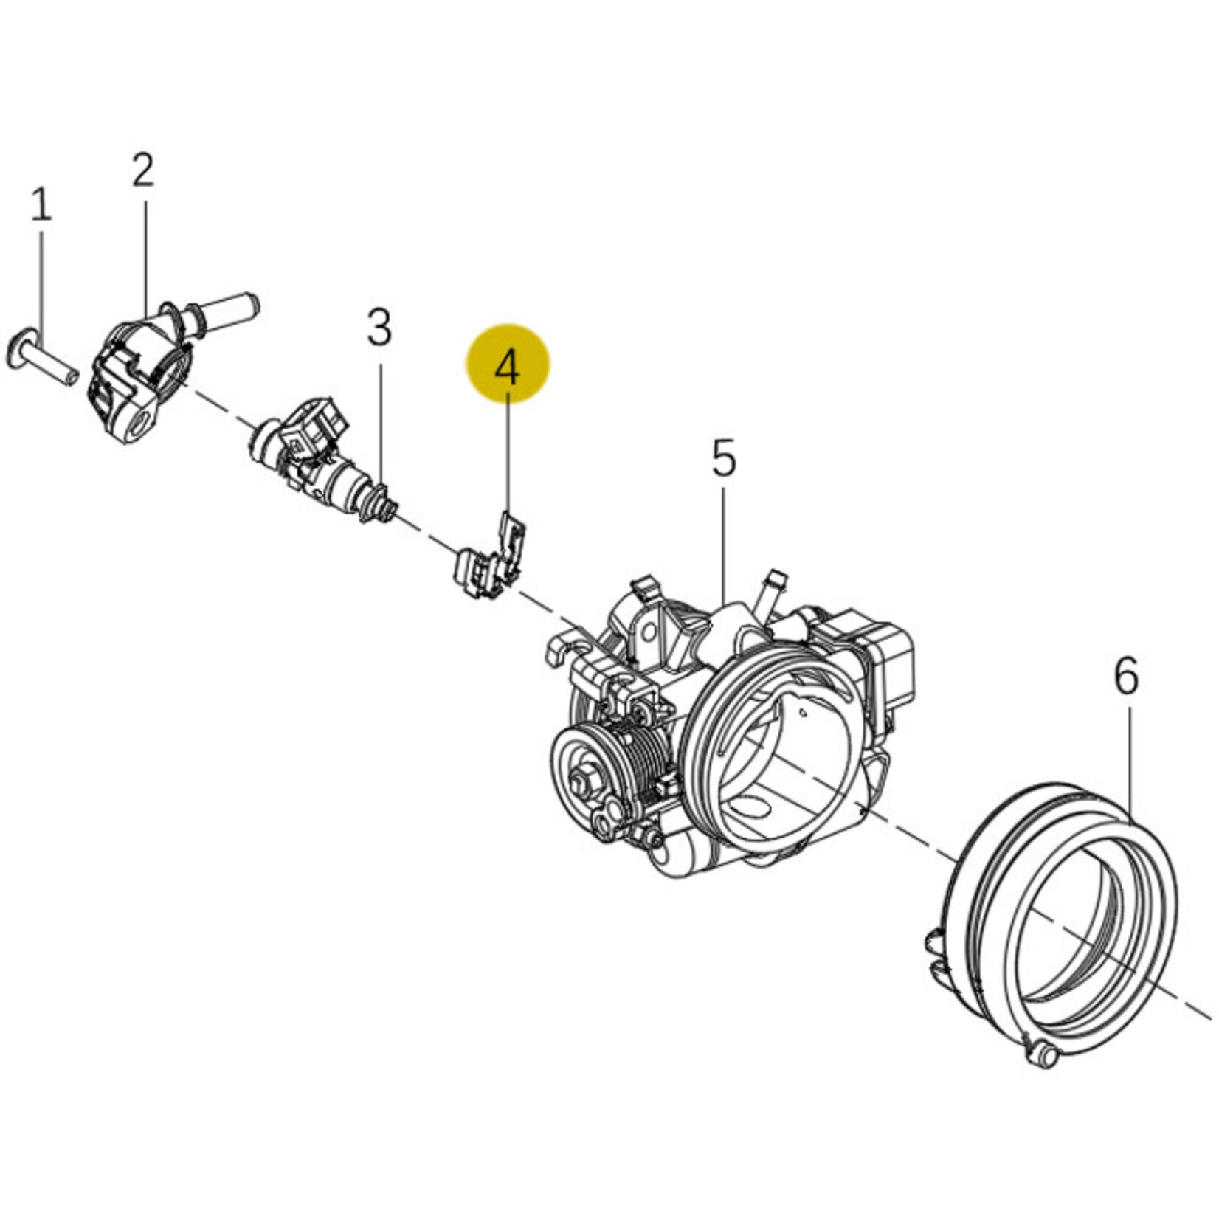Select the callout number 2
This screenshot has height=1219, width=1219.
coord(143,170)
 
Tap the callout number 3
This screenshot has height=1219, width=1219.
coord(379,328)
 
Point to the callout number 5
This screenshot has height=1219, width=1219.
coord(724,457)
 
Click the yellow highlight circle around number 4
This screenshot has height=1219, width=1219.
coord(508,364)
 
